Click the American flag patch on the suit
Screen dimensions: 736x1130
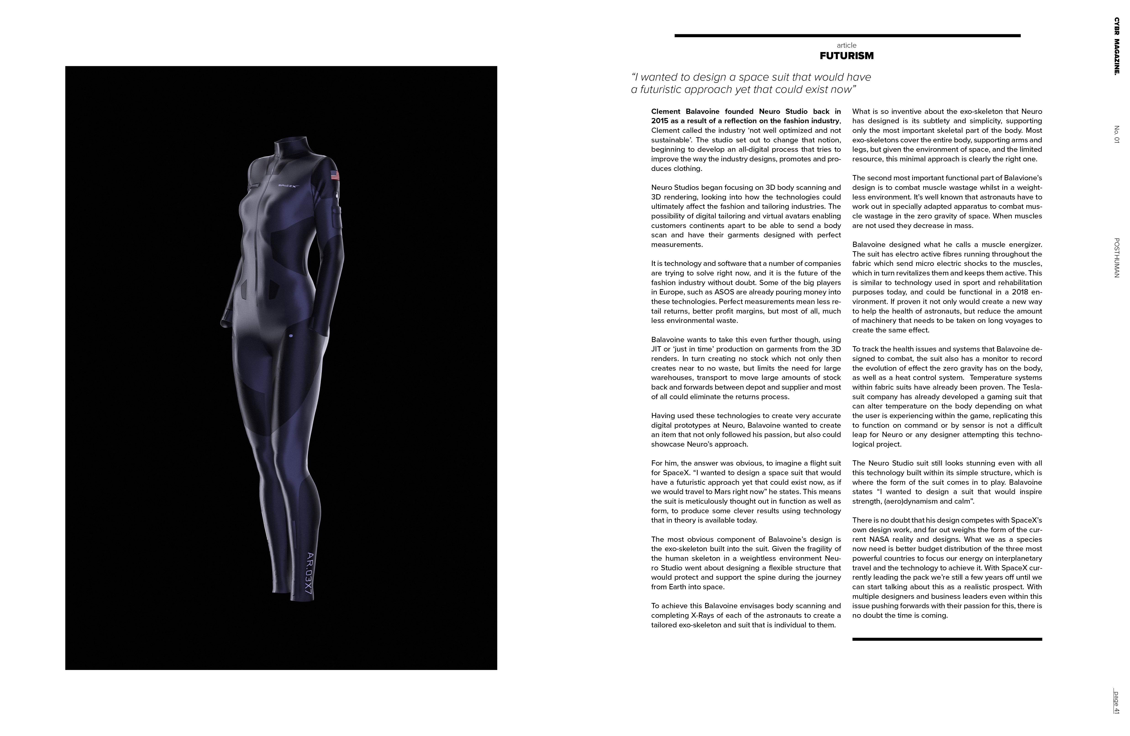pyautogui.click(x=335, y=175)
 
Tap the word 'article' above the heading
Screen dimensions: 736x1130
pyautogui.click(x=846, y=45)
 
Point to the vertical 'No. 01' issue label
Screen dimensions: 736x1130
pyautogui.click(x=1117, y=134)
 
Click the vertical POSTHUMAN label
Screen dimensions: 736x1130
pyautogui.click(x=1117, y=258)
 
